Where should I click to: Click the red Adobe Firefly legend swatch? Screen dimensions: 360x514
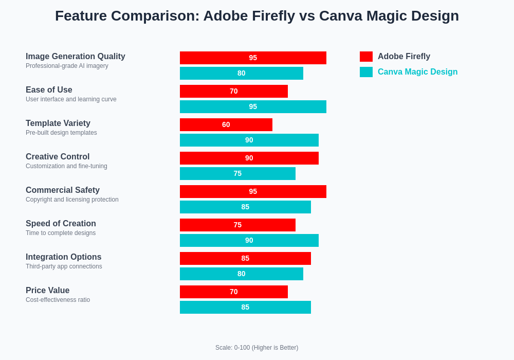(366, 57)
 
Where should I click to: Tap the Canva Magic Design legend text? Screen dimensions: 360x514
(417, 72)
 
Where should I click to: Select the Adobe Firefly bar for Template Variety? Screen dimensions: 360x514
(226, 125)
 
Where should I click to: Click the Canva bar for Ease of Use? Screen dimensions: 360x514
(253, 107)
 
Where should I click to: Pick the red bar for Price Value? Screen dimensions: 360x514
(234, 292)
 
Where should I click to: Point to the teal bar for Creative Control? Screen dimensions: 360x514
(237, 174)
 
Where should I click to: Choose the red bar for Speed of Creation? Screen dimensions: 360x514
(237, 225)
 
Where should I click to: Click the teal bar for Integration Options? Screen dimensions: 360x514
(242, 274)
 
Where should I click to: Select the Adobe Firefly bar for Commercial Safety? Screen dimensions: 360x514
(253, 192)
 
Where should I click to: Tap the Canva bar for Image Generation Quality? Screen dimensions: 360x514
(242, 74)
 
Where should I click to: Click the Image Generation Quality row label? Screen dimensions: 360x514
(76, 57)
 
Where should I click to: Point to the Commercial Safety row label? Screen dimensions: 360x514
(63, 190)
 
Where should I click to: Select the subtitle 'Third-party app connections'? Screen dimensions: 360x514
(64, 266)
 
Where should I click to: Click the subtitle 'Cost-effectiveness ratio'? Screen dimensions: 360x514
(58, 300)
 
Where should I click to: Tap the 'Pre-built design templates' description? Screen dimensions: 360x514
(61, 133)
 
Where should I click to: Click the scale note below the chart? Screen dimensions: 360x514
(256, 348)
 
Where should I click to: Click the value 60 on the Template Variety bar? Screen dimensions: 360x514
(226, 125)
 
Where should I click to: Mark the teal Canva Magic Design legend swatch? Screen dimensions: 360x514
(366, 72)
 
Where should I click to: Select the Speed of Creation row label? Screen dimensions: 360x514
(61, 224)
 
